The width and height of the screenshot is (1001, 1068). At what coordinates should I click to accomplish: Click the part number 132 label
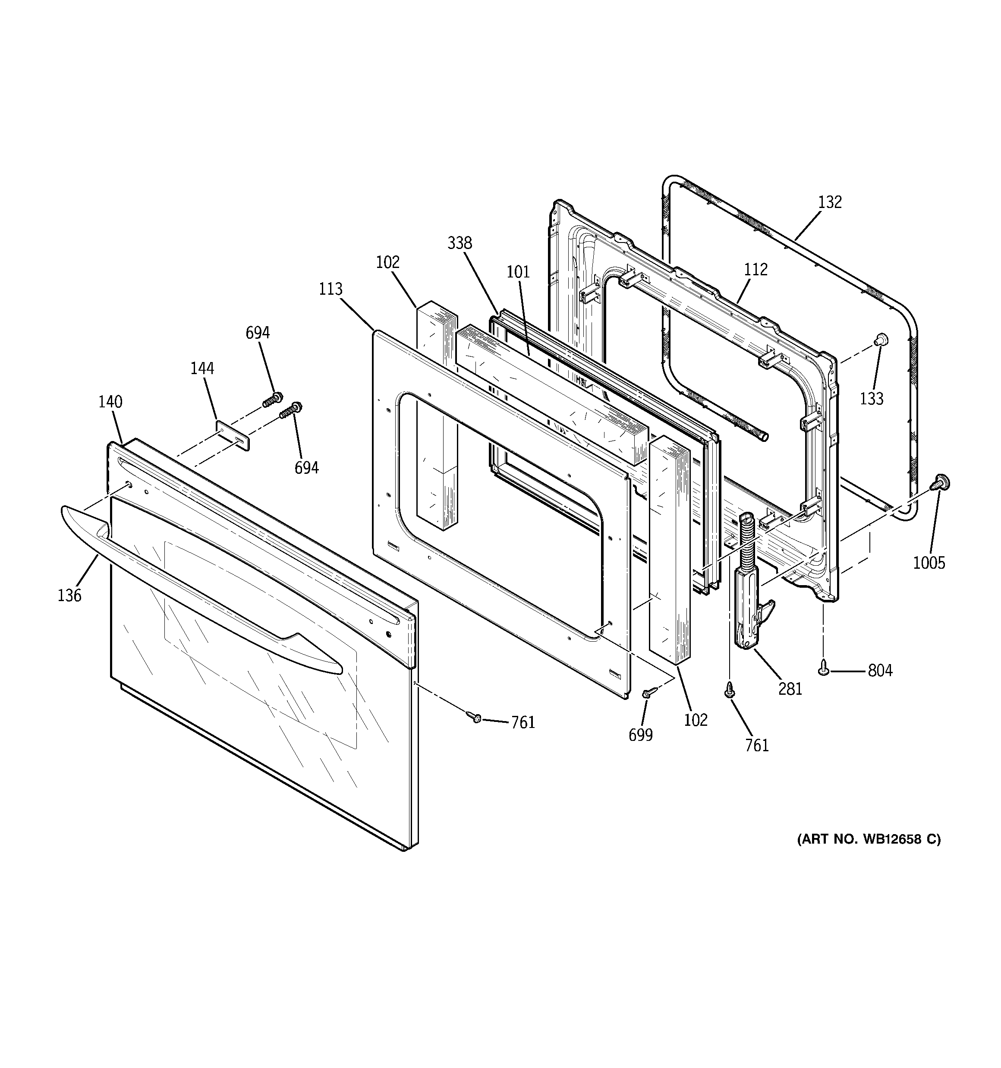point(830,202)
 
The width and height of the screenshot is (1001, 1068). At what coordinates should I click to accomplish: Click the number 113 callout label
point(331,289)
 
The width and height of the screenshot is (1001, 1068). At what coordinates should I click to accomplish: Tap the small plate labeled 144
point(233,436)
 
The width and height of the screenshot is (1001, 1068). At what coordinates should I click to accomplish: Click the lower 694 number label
point(306,468)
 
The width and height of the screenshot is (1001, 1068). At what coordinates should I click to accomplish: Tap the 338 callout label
point(460,243)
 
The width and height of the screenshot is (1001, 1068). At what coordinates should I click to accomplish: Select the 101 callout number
point(518,272)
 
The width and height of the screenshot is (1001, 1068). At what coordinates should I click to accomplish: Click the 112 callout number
point(755,270)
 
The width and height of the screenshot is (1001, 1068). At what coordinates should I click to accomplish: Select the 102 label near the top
point(387,262)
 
